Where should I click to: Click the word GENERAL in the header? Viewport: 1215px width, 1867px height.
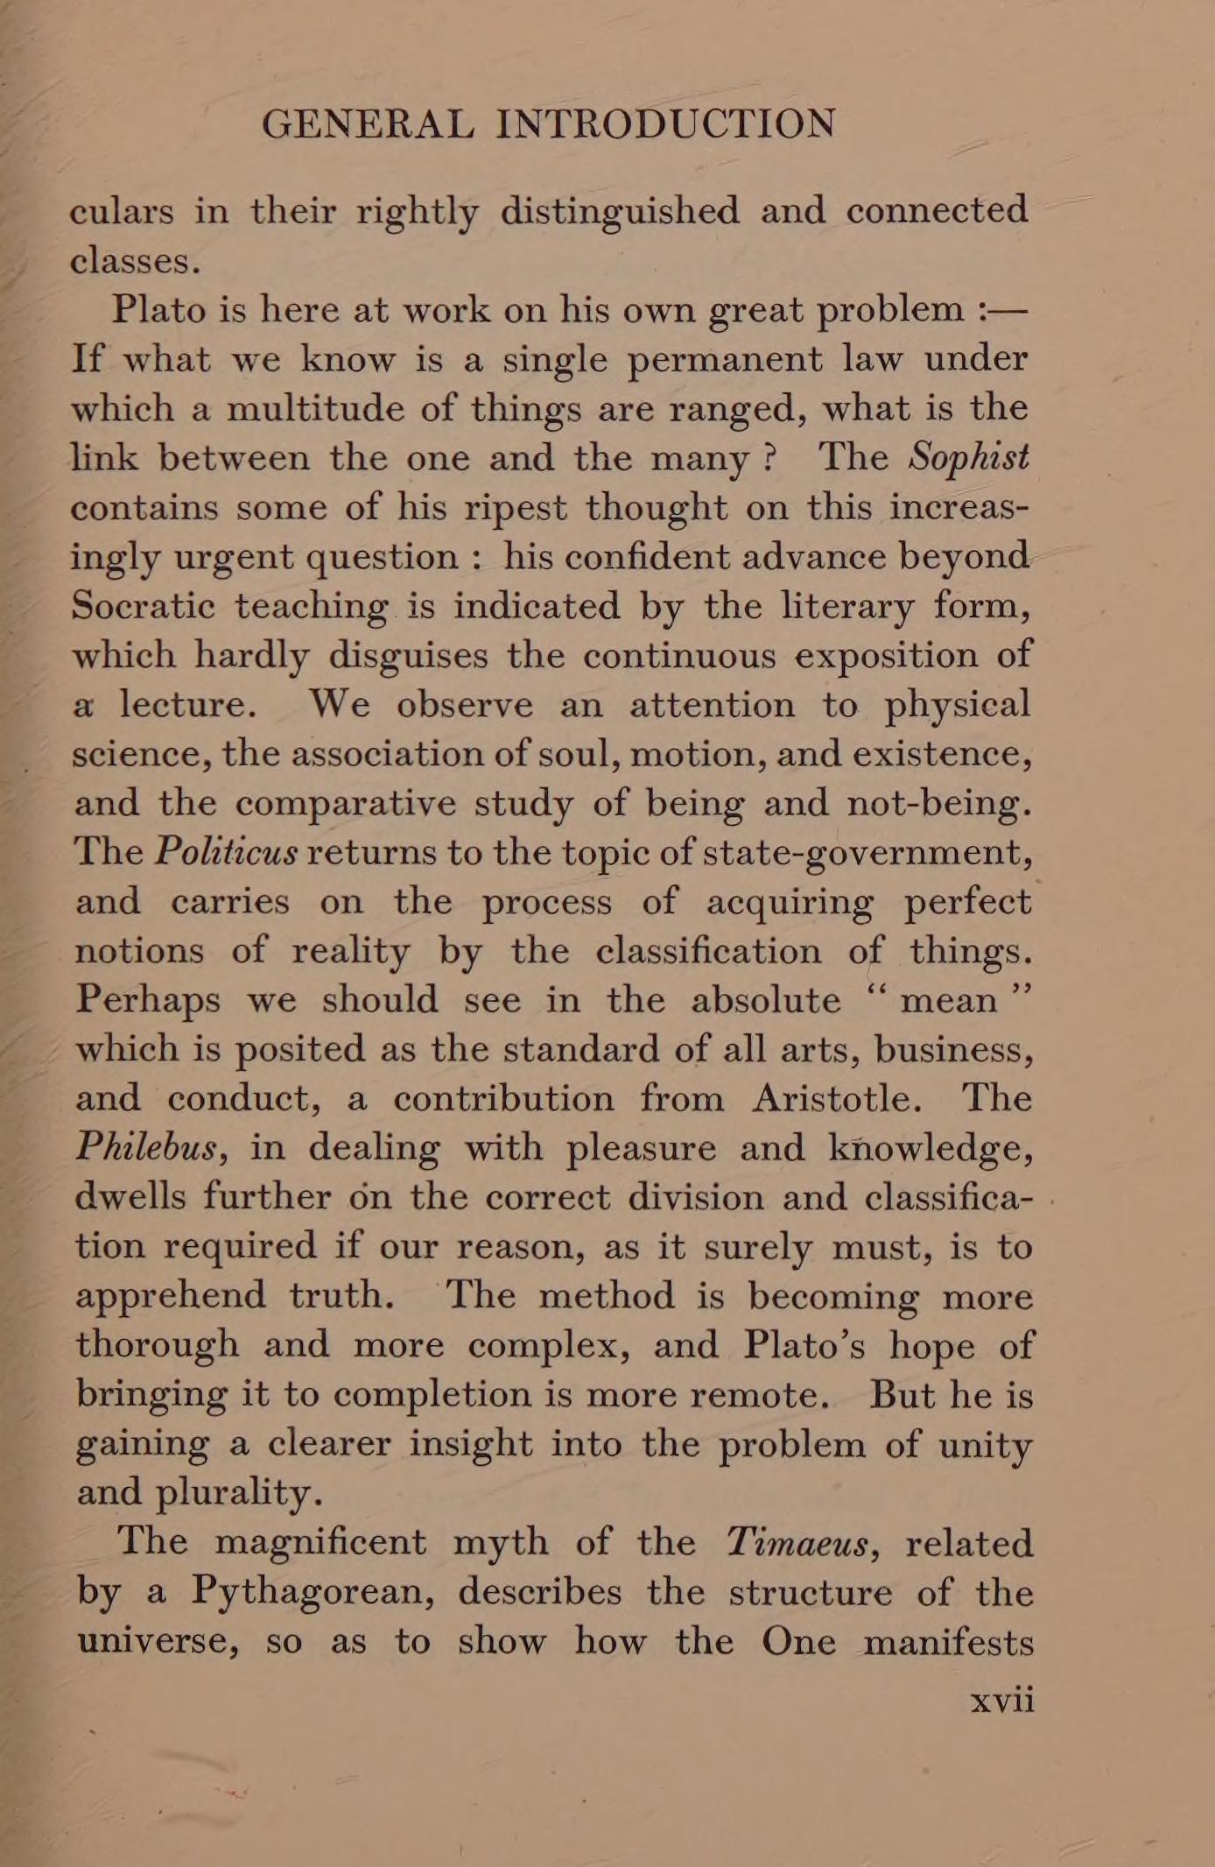point(368,124)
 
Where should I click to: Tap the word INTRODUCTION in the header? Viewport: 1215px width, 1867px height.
point(666,124)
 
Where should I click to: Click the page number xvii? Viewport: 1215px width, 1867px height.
point(1003,1700)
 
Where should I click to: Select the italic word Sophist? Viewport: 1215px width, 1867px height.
point(968,457)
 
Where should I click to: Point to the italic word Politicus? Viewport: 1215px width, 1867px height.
point(226,852)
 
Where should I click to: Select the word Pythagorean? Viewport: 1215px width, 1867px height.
point(313,1593)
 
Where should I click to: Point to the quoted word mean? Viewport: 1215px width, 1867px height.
point(948,1000)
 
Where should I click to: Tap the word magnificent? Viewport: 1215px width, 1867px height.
point(320,1543)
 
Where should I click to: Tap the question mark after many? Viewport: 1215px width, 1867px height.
point(769,458)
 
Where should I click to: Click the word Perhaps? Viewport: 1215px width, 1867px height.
point(147,1001)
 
